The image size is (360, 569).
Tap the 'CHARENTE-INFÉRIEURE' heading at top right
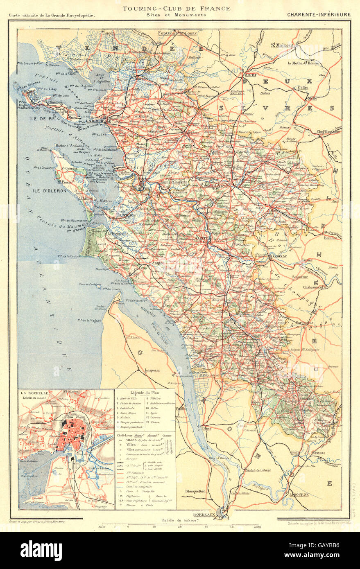319,14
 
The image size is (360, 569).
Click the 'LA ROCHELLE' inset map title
32,393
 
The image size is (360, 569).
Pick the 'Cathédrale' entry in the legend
131,408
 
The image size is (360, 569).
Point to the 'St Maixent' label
281,45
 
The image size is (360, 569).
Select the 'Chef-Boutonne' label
328,131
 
